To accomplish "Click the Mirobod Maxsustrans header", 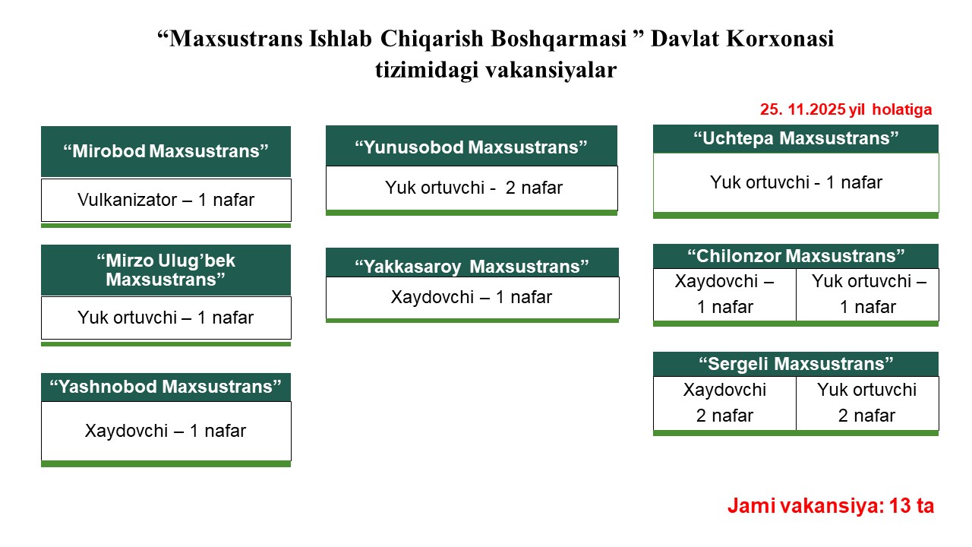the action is tap(166, 151).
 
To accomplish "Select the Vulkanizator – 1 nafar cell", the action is tap(166, 200).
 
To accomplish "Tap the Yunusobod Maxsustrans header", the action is tap(472, 146).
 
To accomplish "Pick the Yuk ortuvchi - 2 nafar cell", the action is tap(472, 188).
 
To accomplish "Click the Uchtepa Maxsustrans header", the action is tap(795, 138).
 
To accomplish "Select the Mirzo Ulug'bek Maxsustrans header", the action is tap(166, 270).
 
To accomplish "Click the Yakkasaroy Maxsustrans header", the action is tap(472, 263).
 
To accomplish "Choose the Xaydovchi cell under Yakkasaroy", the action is tap(472, 298).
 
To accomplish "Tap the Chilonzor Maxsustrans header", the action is tap(795, 256).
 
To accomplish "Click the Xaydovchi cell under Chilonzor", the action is tap(724, 294).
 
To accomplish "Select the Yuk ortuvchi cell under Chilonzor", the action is tap(867, 294).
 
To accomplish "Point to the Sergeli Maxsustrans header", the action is tap(795, 364).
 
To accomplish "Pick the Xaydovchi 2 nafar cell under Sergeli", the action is tap(724, 403).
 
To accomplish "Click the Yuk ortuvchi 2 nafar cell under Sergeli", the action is tap(867, 403).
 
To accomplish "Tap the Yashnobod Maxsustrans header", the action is tap(166, 387).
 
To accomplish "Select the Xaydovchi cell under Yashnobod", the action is tap(166, 431).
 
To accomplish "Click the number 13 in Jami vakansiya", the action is tap(900, 506).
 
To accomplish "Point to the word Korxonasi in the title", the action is tap(780, 38).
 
